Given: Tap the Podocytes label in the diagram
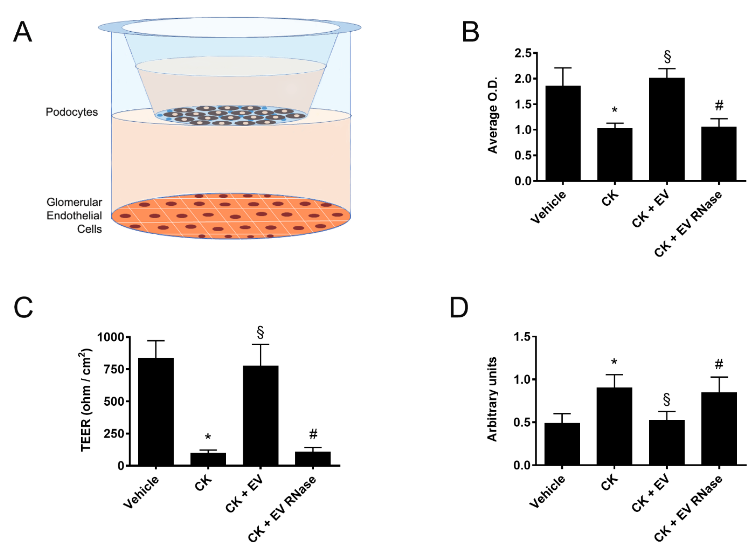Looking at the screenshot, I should click(72, 112).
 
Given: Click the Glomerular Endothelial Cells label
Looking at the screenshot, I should click(74, 215).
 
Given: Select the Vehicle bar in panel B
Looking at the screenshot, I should click(563, 133).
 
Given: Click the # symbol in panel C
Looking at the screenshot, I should click(313, 434).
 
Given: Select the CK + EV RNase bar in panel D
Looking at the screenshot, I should click(719, 429).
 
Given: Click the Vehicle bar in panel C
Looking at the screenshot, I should click(156, 412).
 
